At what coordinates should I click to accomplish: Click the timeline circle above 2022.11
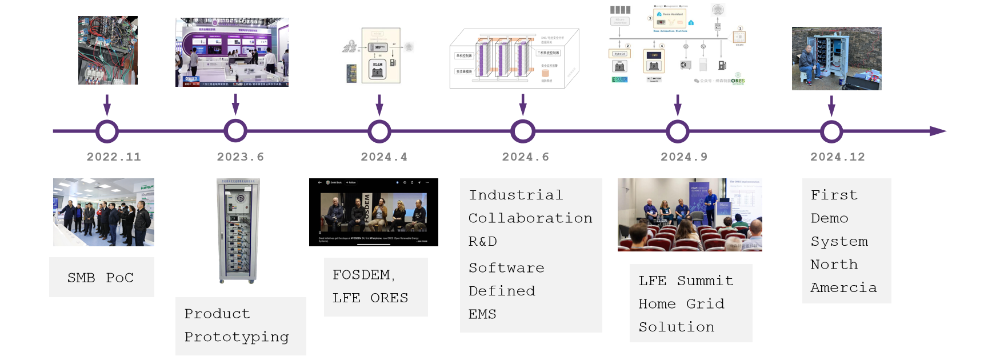tap(107, 131)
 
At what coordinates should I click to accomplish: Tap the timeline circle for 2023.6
tap(235, 131)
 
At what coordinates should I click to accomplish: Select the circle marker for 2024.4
tap(379, 131)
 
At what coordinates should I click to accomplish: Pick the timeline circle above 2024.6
tap(523, 131)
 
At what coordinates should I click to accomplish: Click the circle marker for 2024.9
tap(678, 131)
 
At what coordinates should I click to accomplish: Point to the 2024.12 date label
tap(837, 157)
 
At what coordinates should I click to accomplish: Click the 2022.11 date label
tap(114, 157)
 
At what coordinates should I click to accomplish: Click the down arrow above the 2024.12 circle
tap(831, 106)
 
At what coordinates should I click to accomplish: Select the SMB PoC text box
tap(101, 278)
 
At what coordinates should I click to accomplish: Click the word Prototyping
tap(237, 337)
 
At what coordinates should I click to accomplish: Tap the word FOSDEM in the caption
tap(362, 275)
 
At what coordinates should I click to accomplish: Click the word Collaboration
tap(530, 218)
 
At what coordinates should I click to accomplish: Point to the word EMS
tap(482, 314)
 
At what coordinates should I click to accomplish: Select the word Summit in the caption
tap(705, 281)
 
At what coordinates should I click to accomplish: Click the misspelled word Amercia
tap(843, 288)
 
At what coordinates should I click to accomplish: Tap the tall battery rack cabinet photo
tap(239, 231)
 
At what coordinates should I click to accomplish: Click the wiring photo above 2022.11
tap(108, 50)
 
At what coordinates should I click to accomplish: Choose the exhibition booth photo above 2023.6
tap(231, 52)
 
